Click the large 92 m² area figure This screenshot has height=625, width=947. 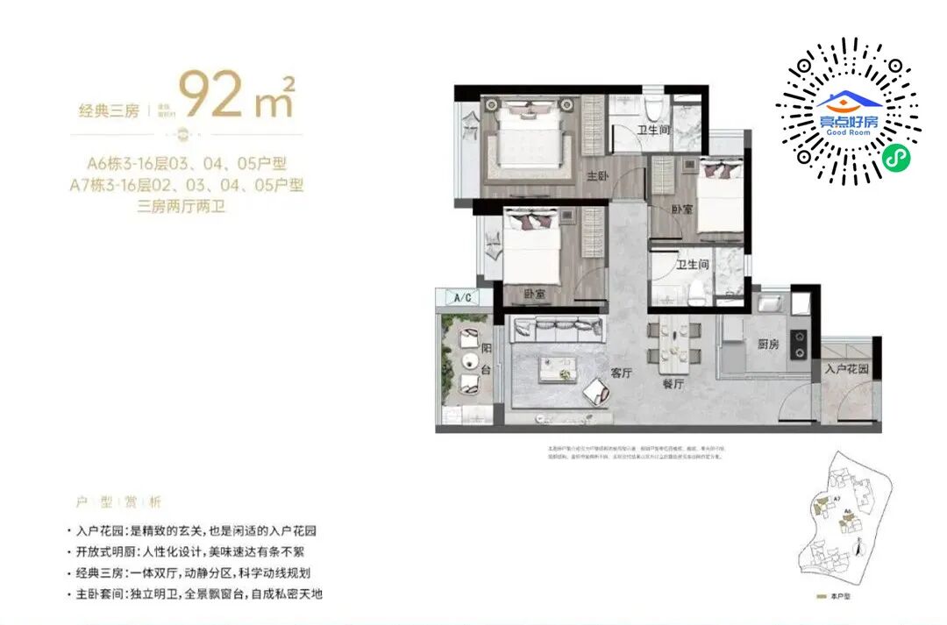(x=235, y=95)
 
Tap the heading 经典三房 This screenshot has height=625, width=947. (x=110, y=110)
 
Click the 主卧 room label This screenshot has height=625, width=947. (x=597, y=176)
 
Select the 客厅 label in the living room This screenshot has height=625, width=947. (x=622, y=373)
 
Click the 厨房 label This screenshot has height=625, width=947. (x=767, y=344)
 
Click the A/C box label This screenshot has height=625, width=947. (x=462, y=298)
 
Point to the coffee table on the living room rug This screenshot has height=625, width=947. (x=558, y=367)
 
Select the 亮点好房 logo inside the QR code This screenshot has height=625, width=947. (x=847, y=112)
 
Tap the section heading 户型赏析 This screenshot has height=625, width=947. (x=118, y=502)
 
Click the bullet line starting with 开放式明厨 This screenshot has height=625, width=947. (x=189, y=552)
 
